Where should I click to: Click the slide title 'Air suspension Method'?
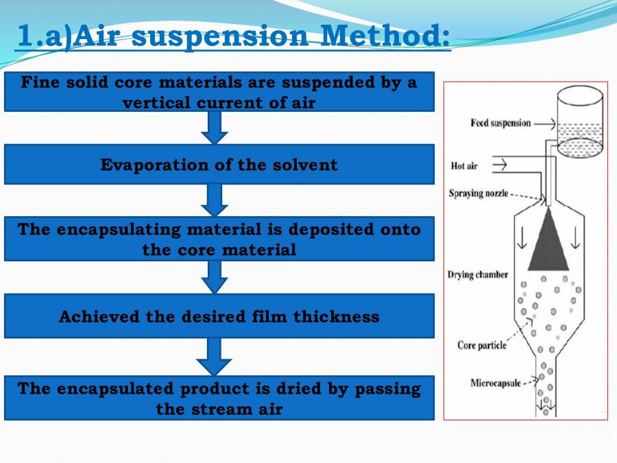pos(233,36)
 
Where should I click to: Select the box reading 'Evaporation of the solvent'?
pos(219,165)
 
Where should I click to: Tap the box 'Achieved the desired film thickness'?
pos(219,316)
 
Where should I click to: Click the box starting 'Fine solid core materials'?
pos(219,91)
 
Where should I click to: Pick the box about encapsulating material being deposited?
pos(219,239)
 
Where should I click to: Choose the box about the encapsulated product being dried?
pos(219,398)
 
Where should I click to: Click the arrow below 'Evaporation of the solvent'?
pos(215,200)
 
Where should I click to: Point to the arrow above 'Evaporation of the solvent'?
pos(215,127)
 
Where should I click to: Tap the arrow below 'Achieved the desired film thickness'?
pos(215,356)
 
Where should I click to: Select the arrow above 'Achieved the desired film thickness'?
pos(215,277)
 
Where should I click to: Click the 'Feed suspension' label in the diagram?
pos(500,123)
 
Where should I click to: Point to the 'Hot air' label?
pos(464,166)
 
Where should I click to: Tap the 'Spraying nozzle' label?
pos(479,193)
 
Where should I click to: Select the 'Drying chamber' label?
pos(478,275)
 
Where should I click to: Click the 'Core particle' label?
pos(482,345)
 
